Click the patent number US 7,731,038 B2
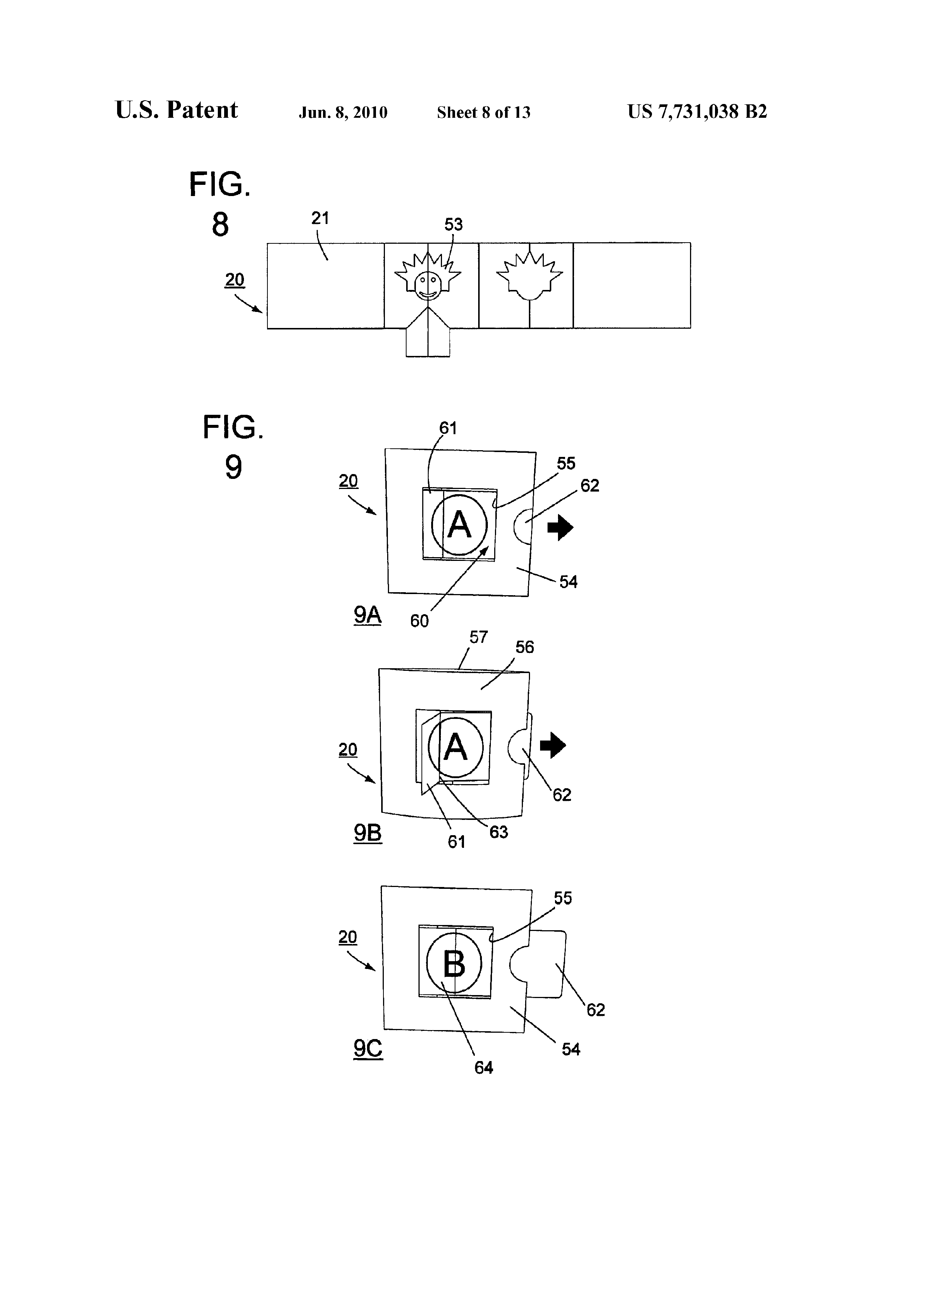[x=697, y=111]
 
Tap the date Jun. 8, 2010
[x=343, y=113]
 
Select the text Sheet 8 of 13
[x=484, y=112]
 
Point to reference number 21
[x=320, y=218]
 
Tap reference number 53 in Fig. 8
[x=454, y=224]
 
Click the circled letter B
[x=454, y=963]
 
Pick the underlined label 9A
[x=367, y=615]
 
